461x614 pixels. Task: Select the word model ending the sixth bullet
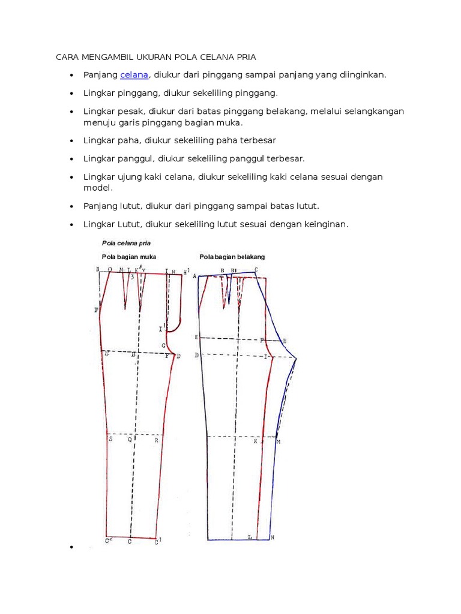(x=96, y=187)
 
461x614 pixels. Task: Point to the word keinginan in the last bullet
(x=325, y=224)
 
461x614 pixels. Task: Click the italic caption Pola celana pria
(x=125, y=243)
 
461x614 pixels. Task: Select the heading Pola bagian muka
(x=127, y=257)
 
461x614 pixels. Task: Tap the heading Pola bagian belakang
(x=232, y=257)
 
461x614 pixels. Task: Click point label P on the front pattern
(x=96, y=310)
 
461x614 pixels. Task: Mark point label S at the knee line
(x=110, y=440)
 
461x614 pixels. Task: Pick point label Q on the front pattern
(x=129, y=440)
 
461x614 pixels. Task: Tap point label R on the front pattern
(x=157, y=440)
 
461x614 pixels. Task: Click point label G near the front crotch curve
(x=163, y=346)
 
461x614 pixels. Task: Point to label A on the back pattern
(x=194, y=276)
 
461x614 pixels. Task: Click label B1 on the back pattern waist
(x=234, y=271)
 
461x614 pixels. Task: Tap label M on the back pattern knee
(x=279, y=442)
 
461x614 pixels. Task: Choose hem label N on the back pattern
(x=272, y=537)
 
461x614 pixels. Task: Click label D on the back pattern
(x=196, y=356)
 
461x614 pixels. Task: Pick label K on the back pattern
(x=255, y=441)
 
